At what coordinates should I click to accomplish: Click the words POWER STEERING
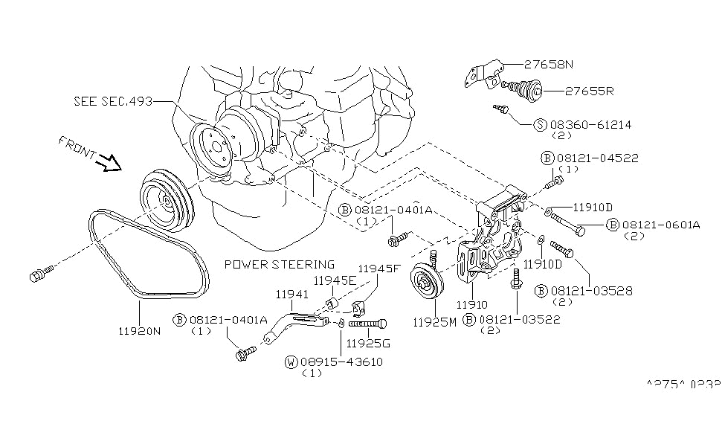click(279, 264)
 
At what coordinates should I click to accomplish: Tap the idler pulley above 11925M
click(427, 284)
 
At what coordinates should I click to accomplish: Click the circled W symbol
click(291, 361)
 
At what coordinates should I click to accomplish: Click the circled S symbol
click(540, 125)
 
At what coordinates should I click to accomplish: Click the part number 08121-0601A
click(661, 225)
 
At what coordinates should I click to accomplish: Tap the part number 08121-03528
click(595, 291)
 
